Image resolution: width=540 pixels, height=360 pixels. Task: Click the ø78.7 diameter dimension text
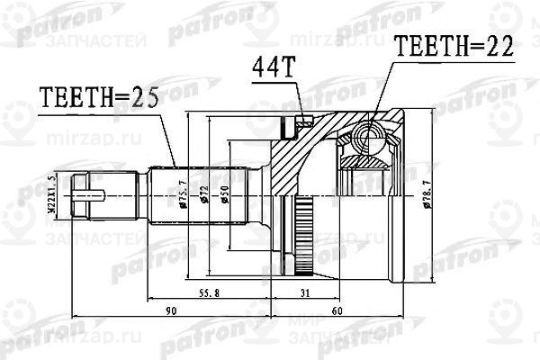click(x=424, y=195)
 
